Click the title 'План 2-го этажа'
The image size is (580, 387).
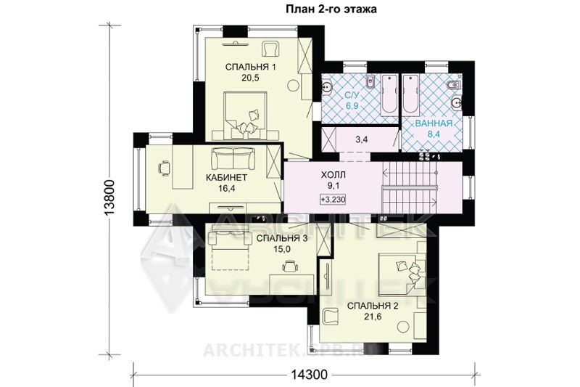pyautogui.click(x=331, y=9)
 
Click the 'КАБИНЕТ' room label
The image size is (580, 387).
pyautogui.click(x=226, y=177)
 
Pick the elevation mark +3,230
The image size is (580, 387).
pyautogui.click(x=333, y=200)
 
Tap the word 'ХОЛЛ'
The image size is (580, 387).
pyautogui.click(x=333, y=174)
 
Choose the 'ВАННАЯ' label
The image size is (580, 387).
pyautogui.click(x=434, y=123)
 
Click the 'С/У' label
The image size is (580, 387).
pyautogui.click(x=352, y=96)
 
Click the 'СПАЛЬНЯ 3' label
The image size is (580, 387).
pyautogui.click(x=282, y=238)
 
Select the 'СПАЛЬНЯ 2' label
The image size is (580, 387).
pyautogui.click(x=373, y=306)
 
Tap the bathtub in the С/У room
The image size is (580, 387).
pyautogui.click(x=389, y=95)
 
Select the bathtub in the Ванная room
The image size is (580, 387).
pyautogui.click(x=411, y=95)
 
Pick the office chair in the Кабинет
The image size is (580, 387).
pyautogui.click(x=165, y=168)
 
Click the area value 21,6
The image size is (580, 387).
pyautogui.click(x=373, y=317)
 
